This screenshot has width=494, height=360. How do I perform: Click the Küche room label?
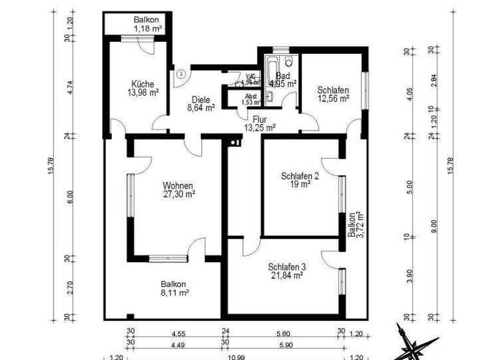[x=142, y=84]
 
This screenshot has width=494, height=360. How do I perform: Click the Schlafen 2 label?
[x=300, y=175]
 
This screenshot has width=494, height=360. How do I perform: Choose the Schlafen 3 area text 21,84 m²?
[x=287, y=275]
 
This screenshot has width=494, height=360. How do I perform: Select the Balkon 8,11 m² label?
[x=174, y=288]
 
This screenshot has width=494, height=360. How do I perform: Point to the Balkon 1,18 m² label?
[x=147, y=24]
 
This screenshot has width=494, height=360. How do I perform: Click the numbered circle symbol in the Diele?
[x=182, y=74]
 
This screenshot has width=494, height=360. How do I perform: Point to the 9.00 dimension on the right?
[x=435, y=227]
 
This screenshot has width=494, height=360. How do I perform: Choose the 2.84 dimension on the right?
[x=435, y=80]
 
